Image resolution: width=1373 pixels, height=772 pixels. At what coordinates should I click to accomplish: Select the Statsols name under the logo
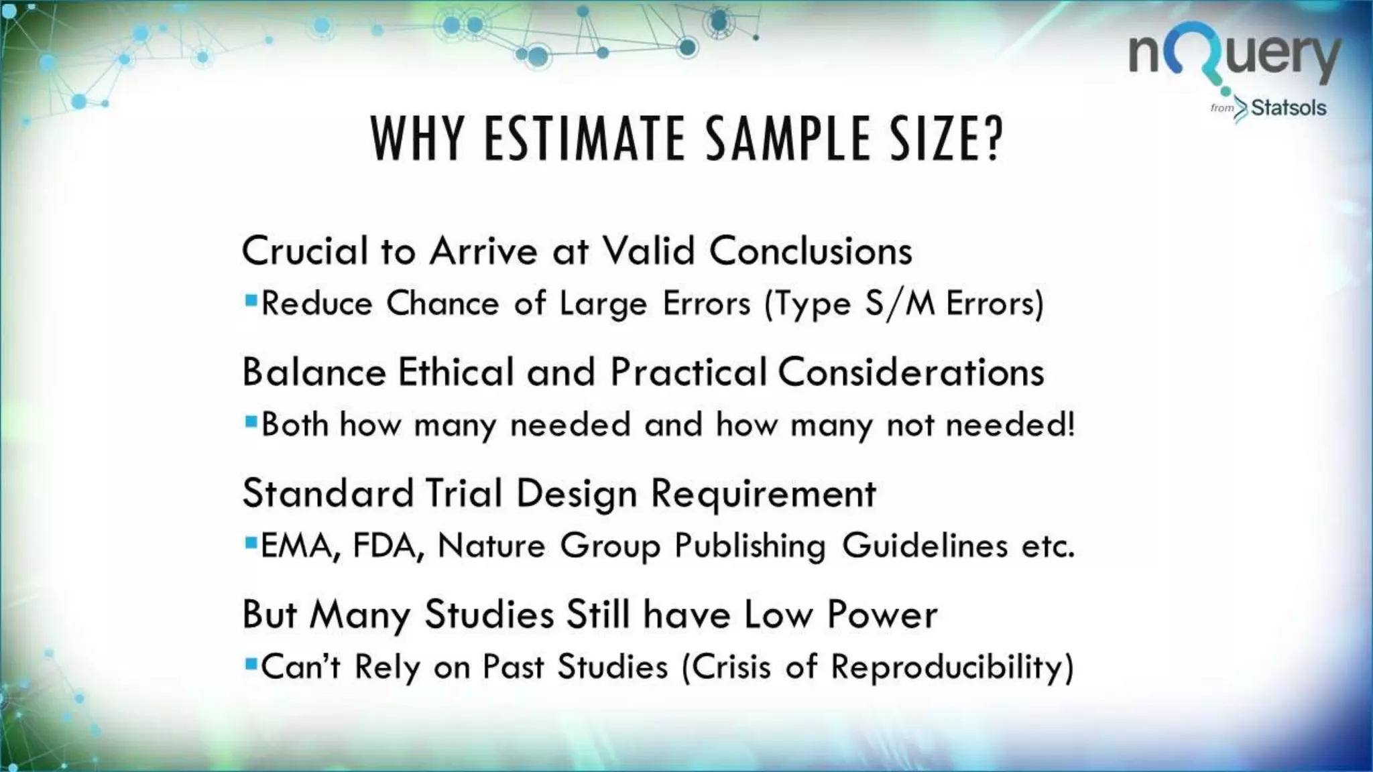coord(1288,108)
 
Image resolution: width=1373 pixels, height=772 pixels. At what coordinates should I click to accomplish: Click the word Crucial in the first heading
coord(305,251)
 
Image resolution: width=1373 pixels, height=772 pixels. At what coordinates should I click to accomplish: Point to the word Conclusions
coord(811,251)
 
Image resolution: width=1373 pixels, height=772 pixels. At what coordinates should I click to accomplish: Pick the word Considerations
coord(910,372)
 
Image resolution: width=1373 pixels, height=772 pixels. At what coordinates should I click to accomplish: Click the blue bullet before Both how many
coord(251,422)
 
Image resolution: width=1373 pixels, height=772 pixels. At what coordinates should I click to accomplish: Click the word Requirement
coord(763,495)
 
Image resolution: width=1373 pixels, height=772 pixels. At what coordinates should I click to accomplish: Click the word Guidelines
coord(924,546)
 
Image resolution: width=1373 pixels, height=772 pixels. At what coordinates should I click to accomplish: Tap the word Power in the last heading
coord(882,615)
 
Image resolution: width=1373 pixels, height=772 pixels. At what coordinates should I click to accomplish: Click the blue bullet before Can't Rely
coord(251,664)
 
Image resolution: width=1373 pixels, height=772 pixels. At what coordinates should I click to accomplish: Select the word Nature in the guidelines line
coord(491,546)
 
